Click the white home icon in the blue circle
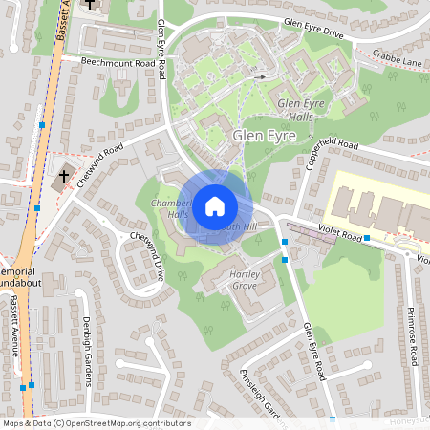click(x=215, y=205)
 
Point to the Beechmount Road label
click(x=118, y=62)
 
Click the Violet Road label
click(x=339, y=232)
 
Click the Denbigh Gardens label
click(x=86, y=351)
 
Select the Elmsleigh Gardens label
click(x=258, y=393)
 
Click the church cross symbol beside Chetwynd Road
click(x=65, y=177)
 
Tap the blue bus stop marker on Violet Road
click(x=367, y=237)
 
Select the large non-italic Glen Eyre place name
click(x=261, y=136)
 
